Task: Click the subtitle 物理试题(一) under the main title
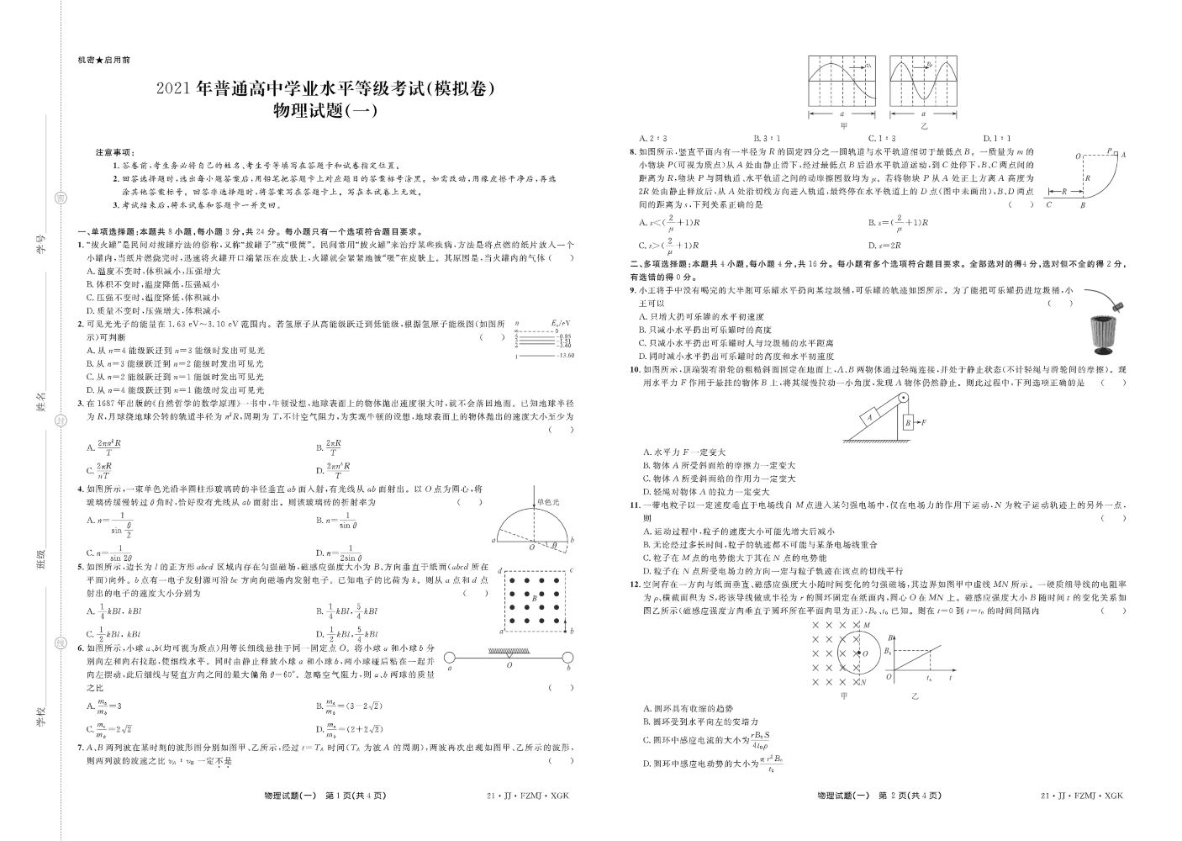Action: point(322,109)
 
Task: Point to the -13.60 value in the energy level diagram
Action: point(565,356)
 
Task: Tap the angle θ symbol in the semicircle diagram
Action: point(552,545)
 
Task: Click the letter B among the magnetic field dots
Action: point(534,598)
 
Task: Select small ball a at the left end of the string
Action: point(450,658)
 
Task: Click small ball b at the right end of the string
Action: point(568,658)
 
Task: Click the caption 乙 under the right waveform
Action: point(924,125)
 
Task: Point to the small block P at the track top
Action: point(1110,151)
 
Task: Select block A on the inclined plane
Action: point(870,415)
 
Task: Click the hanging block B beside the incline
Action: point(908,423)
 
